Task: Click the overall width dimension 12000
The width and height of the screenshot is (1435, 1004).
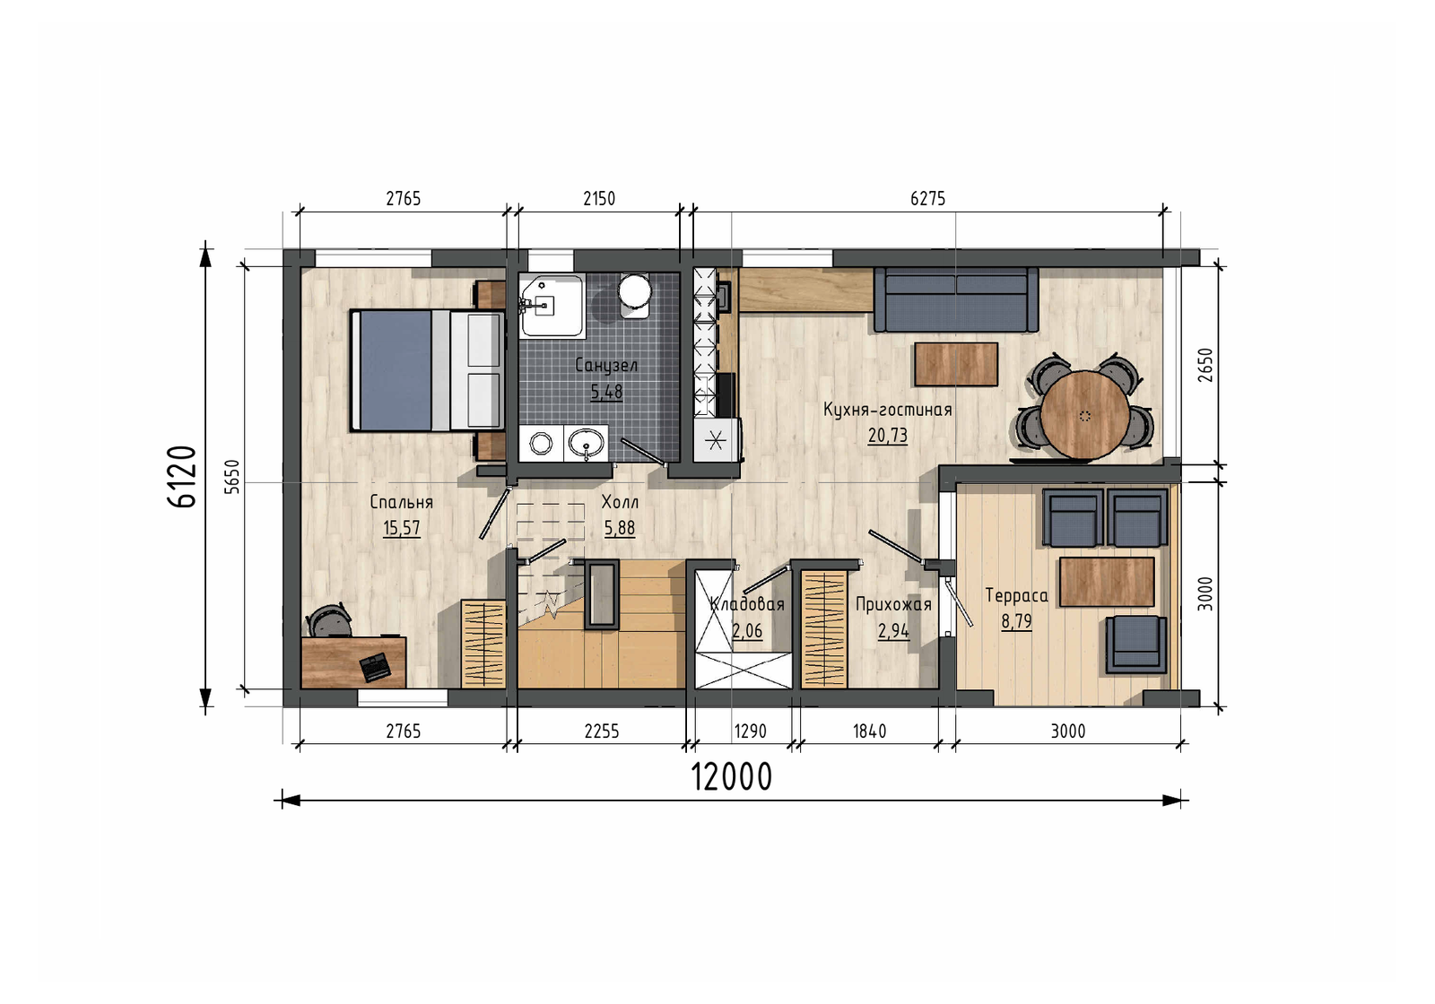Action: click(x=731, y=777)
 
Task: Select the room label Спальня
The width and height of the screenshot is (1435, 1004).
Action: click(x=402, y=503)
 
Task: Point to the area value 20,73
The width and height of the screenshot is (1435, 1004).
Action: click(x=888, y=436)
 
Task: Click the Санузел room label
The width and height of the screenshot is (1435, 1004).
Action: click(x=606, y=366)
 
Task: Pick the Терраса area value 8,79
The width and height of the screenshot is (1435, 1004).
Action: click(x=1017, y=621)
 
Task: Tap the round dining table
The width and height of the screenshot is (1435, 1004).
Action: click(x=1084, y=415)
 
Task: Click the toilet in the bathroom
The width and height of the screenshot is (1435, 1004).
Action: click(x=634, y=295)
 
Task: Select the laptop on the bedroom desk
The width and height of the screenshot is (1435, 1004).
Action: click(x=376, y=667)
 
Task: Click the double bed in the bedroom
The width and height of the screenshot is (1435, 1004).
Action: click(x=427, y=370)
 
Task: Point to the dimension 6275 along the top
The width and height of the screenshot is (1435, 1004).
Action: click(x=927, y=199)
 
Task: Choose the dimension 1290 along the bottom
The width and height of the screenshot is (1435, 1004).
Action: click(x=750, y=731)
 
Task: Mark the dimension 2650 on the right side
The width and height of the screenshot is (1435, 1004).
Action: click(x=1205, y=365)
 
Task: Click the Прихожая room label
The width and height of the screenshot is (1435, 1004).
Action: click(x=893, y=604)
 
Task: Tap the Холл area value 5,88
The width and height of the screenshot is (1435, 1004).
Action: click(x=620, y=528)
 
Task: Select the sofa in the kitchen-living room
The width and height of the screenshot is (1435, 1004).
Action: click(x=956, y=299)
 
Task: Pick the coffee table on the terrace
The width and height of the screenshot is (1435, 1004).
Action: click(x=1107, y=582)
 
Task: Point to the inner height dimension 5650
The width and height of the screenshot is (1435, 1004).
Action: click(x=233, y=476)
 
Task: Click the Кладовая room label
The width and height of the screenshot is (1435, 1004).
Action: click(x=747, y=604)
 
